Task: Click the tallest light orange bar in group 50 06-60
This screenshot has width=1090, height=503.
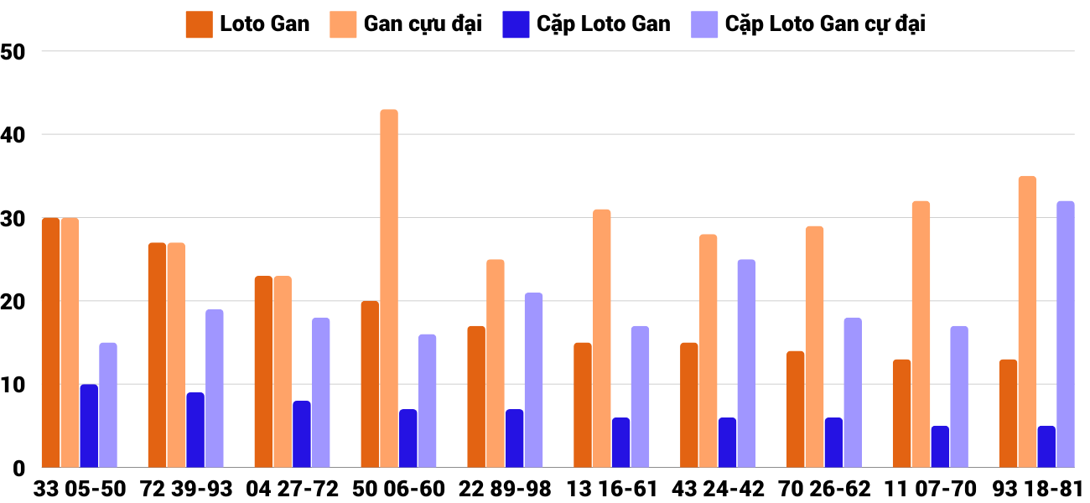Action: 389,288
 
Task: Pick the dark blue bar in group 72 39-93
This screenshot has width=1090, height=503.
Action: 195,429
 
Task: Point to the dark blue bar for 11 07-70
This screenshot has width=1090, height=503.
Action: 940,446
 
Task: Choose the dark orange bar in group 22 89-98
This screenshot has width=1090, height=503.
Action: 476,397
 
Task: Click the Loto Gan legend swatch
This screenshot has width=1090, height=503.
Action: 199,24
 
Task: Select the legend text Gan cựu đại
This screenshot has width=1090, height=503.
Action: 423,24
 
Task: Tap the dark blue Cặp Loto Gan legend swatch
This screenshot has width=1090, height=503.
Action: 515,24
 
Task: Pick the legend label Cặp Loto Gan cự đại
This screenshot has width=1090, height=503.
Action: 825,24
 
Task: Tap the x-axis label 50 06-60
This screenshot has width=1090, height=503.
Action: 399,489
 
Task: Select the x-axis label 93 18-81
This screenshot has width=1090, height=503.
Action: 1037,489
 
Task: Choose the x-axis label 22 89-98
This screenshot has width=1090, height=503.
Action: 506,489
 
